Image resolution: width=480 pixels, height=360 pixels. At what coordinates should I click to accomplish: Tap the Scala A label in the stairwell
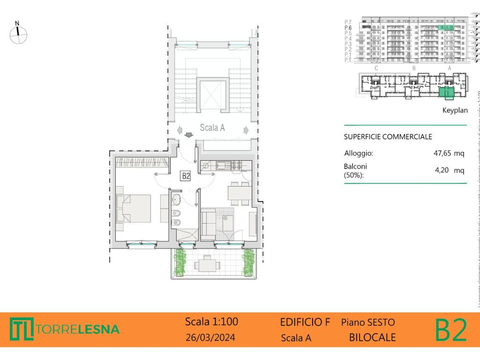[x=212, y=127]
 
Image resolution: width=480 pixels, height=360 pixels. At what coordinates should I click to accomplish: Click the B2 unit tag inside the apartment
[x=186, y=176]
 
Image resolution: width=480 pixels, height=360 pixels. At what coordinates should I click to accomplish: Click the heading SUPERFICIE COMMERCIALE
[x=388, y=137]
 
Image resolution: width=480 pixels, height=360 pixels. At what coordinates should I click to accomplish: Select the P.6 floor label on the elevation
[x=348, y=28]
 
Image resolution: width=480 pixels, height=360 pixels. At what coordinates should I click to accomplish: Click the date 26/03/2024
[x=210, y=337]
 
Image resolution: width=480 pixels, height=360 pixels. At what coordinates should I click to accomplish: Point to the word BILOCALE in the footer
[x=373, y=337]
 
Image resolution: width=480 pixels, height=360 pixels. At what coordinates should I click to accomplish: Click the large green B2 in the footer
[x=451, y=330]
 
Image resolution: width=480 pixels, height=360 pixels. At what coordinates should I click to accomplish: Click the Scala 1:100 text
[x=211, y=322]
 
